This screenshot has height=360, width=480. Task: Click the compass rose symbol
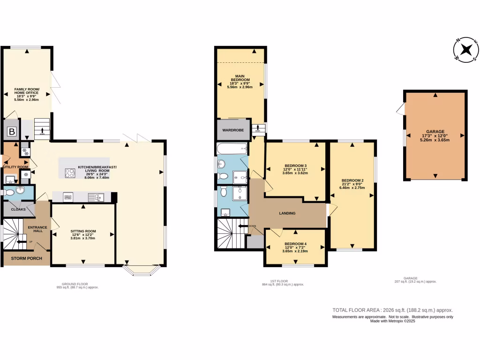tap(466, 50)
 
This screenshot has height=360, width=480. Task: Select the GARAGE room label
tap(435, 132)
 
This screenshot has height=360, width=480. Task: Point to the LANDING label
tap(287, 213)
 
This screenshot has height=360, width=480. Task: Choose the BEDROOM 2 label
tap(352, 180)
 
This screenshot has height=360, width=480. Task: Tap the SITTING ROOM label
tap(83, 231)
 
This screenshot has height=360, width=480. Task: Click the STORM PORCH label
tap(27, 258)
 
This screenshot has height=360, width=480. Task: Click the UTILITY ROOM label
tap(16, 167)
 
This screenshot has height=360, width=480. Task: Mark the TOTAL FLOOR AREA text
tap(392, 310)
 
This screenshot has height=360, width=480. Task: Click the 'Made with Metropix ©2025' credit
tap(393, 321)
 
